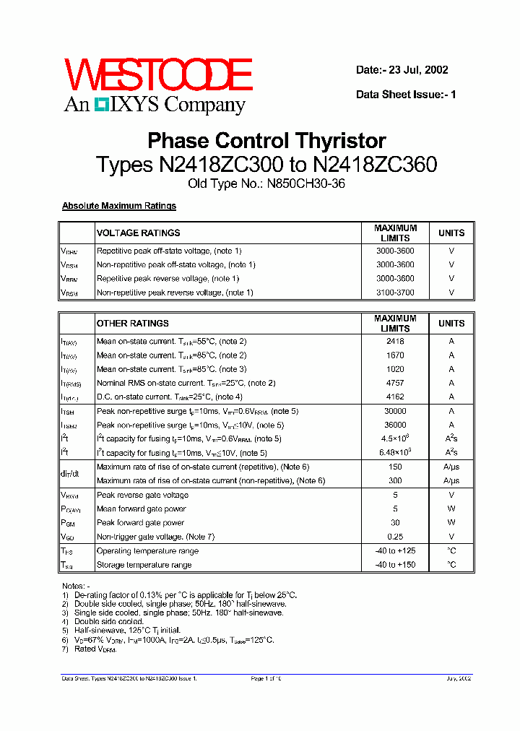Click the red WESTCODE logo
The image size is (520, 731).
pyautogui.click(x=157, y=75)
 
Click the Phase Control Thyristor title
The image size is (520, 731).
pyautogui.click(x=266, y=140)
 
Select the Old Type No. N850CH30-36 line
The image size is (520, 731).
pyautogui.click(x=266, y=183)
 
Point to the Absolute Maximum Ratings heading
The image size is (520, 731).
pyautogui.click(x=119, y=206)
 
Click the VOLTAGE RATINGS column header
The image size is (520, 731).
pyautogui.click(x=139, y=233)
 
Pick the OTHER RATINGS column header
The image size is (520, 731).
pyautogui.click(x=133, y=324)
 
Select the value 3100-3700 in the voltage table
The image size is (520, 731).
pyautogui.click(x=395, y=293)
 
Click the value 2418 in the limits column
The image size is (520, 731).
pyautogui.click(x=395, y=342)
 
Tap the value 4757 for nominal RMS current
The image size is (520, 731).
pyautogui.click(x=395, y=383)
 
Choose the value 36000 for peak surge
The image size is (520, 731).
pyautogui.click(x=395, y=425)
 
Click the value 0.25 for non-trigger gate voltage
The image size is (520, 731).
pyautogui.click(x=395, y=537)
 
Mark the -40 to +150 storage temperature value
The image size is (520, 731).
pyautogui.click(x=395, y=565)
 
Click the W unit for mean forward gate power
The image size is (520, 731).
pyautogui.click(x=451, y=509)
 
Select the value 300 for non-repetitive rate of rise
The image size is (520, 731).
pyautogui.click(x=395, y=481)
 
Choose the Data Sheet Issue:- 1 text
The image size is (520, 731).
pyautogui.click(x=407, y=95)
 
